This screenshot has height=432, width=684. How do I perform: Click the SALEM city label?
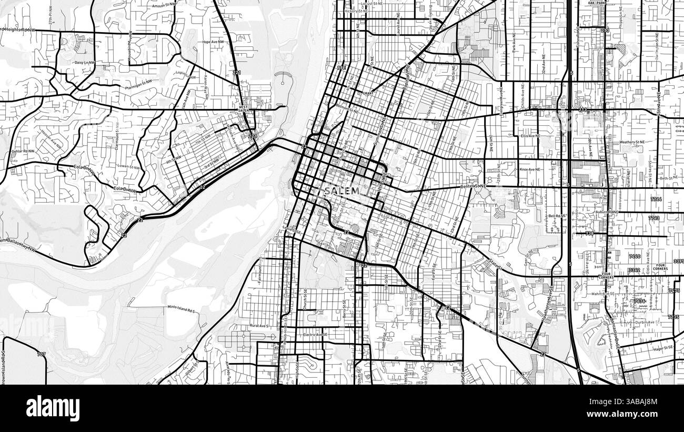[x=342, y=190]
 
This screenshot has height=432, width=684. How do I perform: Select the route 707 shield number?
[x=42, y=354]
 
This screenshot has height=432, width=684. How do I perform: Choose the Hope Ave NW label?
[x=213, y=42]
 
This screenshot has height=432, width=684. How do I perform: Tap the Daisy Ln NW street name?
[x=86, y=63]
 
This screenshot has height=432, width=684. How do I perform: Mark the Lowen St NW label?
[x=129, y=167]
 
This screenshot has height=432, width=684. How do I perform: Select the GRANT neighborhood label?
[x=368, y=93]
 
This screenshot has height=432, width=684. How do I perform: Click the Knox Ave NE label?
[x=530, y=170]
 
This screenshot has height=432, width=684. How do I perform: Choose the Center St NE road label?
[x=474, y=186]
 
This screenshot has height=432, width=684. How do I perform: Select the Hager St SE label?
[x=662, y=348]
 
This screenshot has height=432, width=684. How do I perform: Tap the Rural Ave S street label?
[x=259, y=326]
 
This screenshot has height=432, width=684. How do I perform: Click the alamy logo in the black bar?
[x=53, y=408]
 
